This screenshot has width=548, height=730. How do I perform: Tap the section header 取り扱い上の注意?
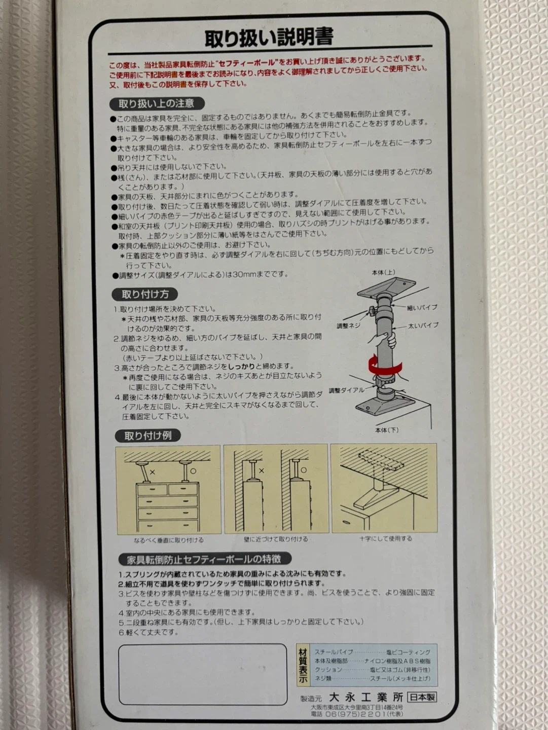[157, 103]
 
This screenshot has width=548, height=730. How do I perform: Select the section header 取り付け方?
[145, 295]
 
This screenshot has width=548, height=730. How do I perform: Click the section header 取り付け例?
[148, 435]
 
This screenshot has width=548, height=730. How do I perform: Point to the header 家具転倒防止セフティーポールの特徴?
[204, 559]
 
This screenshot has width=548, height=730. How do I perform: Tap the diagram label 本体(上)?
[383, 273]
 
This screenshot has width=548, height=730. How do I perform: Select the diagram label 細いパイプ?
[422, 308]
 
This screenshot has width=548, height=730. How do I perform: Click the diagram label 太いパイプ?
[423, 325]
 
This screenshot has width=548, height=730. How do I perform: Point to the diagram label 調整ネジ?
[348, 326]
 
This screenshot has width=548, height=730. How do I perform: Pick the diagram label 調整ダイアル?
[346, 390]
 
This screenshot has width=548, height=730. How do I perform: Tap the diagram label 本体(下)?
[387, 430]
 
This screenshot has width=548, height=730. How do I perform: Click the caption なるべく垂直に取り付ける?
[169, 540]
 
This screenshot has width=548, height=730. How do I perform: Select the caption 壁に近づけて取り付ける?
[276, 539]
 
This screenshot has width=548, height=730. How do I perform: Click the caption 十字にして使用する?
[385, 538]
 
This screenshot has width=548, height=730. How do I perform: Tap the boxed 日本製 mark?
[422, 697]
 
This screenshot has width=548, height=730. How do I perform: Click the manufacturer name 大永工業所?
[366, 697]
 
